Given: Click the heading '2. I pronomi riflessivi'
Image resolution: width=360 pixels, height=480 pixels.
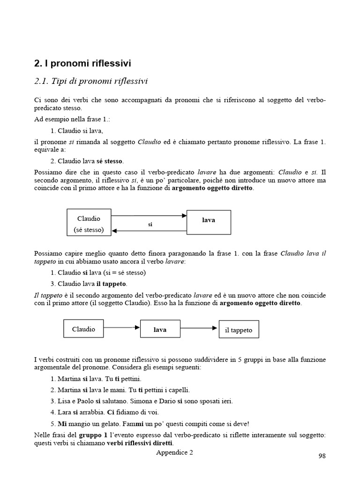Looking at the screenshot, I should point(82,63).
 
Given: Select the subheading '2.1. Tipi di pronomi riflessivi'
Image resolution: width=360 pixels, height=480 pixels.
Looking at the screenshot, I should point(91,82).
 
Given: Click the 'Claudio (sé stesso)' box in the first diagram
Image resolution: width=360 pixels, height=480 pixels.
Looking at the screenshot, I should point(89,224).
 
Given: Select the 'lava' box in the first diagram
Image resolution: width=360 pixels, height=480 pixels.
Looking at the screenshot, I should point(209,221).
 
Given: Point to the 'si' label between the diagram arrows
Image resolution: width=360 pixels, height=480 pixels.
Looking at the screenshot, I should point(150,225).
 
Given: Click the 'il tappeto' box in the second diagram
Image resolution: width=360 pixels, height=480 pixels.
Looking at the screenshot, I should point(239,330).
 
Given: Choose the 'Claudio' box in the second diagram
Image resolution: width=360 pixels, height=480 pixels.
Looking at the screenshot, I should point(83,329).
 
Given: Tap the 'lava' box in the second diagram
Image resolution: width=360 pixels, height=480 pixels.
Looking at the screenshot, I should point(160,330).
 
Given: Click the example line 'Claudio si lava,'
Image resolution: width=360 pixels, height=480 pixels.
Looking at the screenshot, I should point(76,131).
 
